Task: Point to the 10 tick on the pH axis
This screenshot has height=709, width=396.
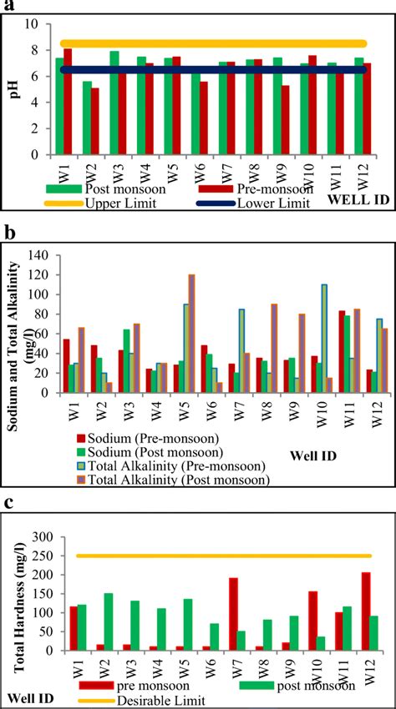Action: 33,24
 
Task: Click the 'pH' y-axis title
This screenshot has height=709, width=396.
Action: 12,89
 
